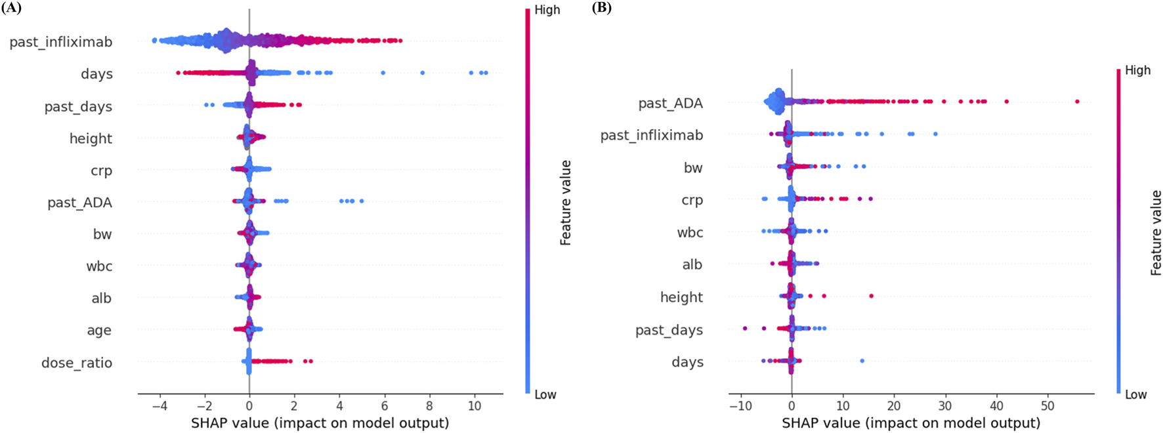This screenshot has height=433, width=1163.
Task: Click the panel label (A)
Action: coord(11,8)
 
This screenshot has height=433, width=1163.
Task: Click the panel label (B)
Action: coord(602,8)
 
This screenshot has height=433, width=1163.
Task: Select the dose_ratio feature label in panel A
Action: coord(77,363)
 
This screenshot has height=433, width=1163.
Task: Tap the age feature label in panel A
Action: coord(99,331)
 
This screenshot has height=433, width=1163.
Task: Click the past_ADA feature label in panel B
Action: coord(670,104)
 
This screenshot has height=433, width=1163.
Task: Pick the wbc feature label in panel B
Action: coord(690,232)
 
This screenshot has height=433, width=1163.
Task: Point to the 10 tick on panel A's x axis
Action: coord(475,406)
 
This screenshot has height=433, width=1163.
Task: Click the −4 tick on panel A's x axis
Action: coord(159,406)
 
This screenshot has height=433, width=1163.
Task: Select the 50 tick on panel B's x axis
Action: coord(1047,406)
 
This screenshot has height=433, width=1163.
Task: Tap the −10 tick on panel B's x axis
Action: coord(740,406)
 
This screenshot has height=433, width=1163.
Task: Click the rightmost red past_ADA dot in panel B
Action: coord(1077,102)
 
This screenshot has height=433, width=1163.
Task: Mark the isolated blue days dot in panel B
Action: coord(862,361)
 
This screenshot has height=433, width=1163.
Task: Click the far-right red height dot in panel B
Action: coord(871,296)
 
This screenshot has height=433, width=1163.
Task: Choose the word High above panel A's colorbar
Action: coord(547,10)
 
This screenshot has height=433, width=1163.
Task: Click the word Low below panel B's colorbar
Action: coord(1135,394)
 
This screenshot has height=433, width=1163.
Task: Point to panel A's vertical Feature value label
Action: coord(565,203)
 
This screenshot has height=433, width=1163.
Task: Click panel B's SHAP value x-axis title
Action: coord(910,423)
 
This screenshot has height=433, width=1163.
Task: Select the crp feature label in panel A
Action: coord(101,171)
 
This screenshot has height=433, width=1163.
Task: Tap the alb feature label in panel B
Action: coord(692,264)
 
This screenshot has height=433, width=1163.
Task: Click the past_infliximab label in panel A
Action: coord(60,42)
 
